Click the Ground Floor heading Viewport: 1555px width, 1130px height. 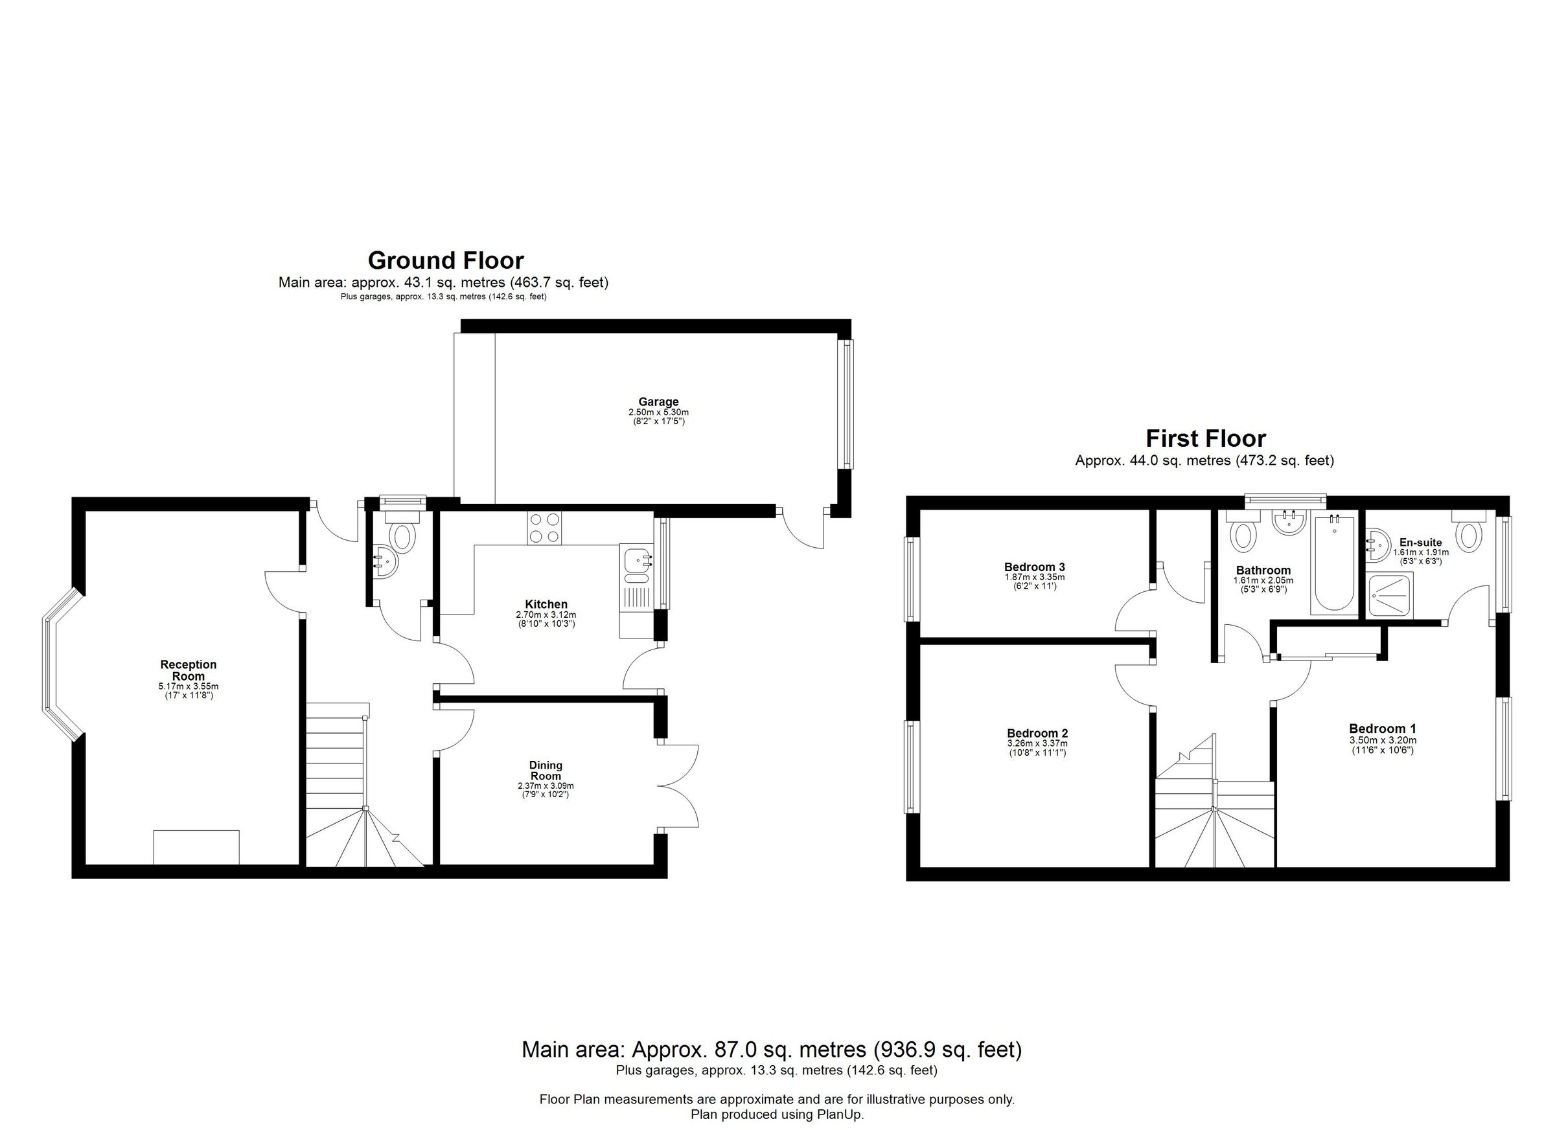click(446, 260)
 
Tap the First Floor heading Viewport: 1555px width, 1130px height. click(1205, 438)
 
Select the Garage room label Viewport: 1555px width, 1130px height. click(658, 402)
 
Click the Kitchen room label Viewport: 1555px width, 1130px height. click(546, 604)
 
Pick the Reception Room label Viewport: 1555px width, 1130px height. click(189, 670)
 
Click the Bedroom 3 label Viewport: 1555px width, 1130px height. click(1034, 567)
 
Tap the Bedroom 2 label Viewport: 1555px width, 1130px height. click(1037, 733)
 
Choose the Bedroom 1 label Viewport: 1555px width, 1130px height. click(1382, 729)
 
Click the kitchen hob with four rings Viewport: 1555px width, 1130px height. click(544, 528)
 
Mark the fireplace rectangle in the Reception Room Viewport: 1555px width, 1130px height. click(196, 847)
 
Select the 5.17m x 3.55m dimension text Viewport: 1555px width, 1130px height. click(189, 686)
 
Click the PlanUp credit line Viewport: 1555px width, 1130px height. click(777, 1115)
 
